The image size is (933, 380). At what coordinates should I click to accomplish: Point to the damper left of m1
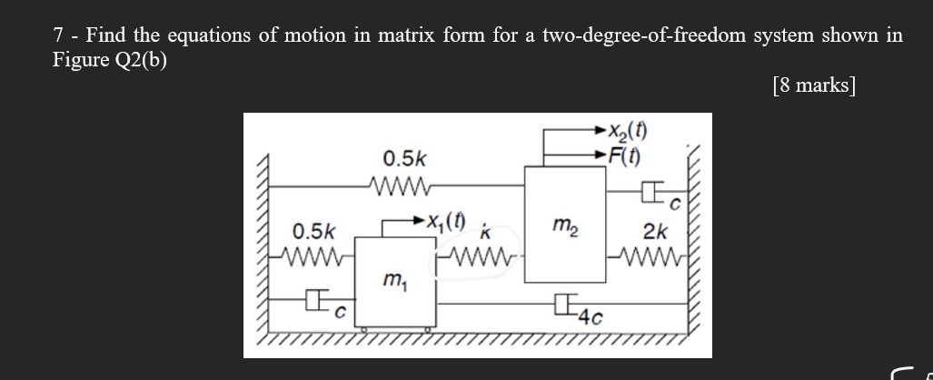point(314,298)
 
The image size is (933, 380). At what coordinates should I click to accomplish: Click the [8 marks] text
point(814,85)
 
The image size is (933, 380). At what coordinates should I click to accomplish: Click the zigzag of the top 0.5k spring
point(400,187)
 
